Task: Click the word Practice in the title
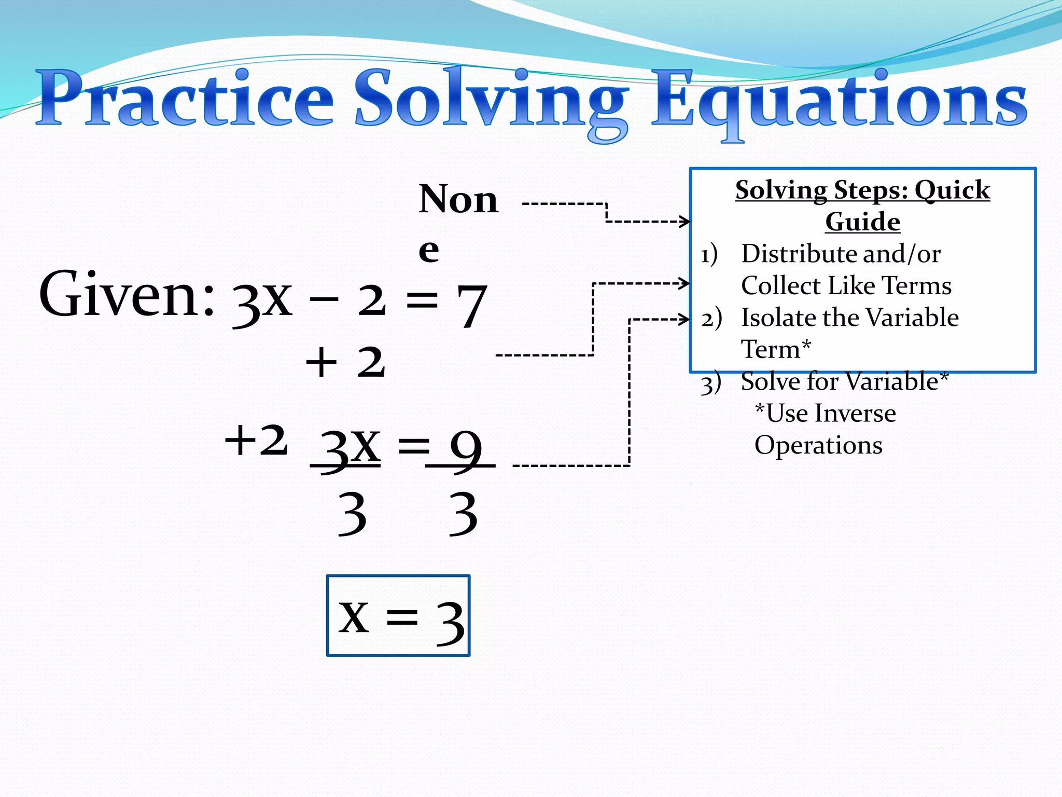pyautogui.click(x=185, y=99)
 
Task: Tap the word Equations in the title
pyautogui.click(x=839, y=101)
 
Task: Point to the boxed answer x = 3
pyautogui.click(x=398, y=616)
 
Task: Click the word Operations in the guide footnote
pyautogui.click(x=818, y=445)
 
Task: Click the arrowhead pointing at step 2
pyautogui.click(x=685, y=319)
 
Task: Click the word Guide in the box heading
pyautogui.click(x=862, y=222)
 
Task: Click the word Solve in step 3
pyautogui.click(x=770, y=382)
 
